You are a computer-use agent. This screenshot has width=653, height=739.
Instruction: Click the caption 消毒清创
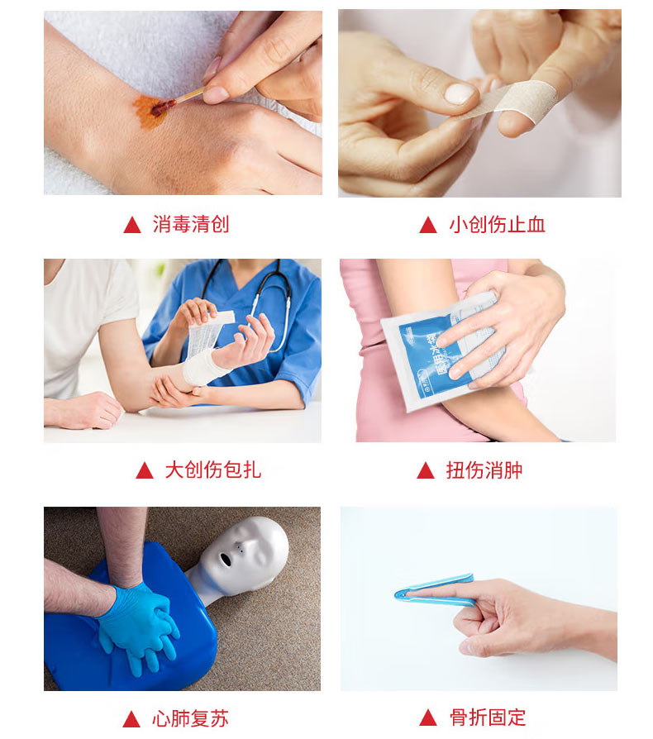point(191,224)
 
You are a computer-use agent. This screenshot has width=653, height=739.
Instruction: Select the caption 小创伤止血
point(497,224)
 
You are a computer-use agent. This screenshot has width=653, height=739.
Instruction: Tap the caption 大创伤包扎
point(213,470)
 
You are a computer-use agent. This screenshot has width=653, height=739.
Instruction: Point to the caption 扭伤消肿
point(484,470)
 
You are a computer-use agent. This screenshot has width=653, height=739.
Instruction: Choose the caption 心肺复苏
point(190,718)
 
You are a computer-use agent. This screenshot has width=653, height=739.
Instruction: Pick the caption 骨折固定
point(488,718)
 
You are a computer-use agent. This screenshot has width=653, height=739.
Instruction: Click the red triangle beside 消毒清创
point(132,225)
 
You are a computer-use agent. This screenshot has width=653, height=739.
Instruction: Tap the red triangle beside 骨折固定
point(428,718)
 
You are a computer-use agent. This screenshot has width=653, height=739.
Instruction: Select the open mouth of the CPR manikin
point(226,560)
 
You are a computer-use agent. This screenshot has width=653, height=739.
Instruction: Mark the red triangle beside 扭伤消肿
point(426,470)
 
